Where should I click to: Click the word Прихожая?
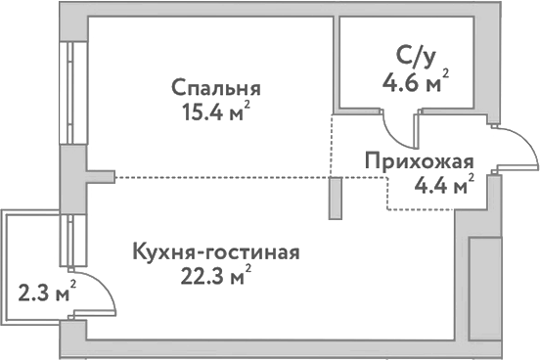click(420, 161)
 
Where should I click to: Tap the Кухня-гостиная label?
click(215, 252)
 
